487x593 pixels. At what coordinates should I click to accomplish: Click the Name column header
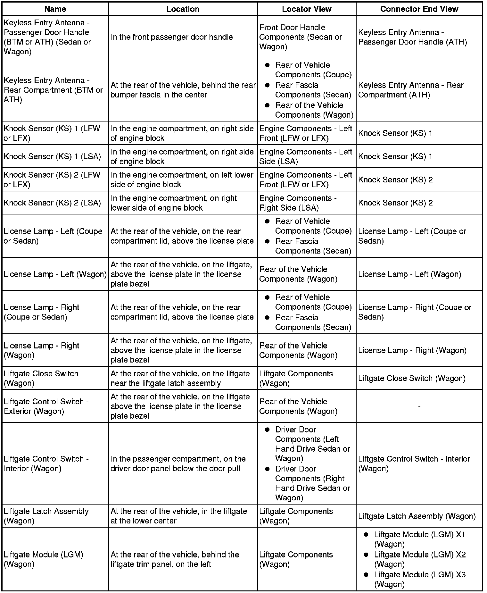pyautogui.click(x=55, y=9)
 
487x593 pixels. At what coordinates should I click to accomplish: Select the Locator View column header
pyautogui.click(x=307, y=9)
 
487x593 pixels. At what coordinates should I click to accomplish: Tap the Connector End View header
pyautogui.click(x=419, y=9)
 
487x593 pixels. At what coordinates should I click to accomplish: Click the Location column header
pyautogui.click(x=183, y=9)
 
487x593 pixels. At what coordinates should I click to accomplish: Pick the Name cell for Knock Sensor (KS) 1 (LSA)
pyautogui.click(x=52, y=156)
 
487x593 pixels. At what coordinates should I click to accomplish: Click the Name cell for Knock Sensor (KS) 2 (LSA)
pyautogui.click(x=52, y=203)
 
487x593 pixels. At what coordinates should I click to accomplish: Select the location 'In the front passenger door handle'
pyautogui.click(x=172, y=37)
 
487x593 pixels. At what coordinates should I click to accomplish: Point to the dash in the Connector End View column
pyautogui.click(x=419, y=406)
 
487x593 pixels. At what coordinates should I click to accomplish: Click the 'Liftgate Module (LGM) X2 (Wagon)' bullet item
pyautogui.click(x=420, y=559)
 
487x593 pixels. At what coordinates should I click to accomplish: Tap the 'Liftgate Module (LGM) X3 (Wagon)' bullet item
pyautogui.click(x=420, y=580)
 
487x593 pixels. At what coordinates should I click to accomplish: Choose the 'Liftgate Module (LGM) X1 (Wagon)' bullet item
pyautogui.click(x=420, y=539)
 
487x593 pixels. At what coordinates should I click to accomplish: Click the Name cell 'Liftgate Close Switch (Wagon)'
pyautogui.click(x=41, y=378)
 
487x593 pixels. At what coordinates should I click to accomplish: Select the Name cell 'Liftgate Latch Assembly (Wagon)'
pyautogui.click(x=46, y=516)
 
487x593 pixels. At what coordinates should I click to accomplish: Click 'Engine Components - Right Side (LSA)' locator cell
pyautogui.click(x=298, y=203)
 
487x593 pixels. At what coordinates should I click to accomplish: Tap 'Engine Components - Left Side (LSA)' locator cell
pyautogui.click(x=306, y=156)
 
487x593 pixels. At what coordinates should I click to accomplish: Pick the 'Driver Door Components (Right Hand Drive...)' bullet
pyautogui.click(x=312, y=483)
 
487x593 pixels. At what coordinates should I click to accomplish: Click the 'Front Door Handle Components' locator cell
pyautogui.click(x=301, y=37)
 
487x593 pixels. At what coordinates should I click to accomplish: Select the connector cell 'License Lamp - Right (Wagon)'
pyautogui.click(x=412, y=350)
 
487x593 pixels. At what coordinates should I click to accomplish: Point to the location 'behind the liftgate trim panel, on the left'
pyautogui.click(x=175, y=559)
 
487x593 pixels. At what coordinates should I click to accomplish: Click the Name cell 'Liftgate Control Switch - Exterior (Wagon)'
pyautogui.click(x=46, y=406)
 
